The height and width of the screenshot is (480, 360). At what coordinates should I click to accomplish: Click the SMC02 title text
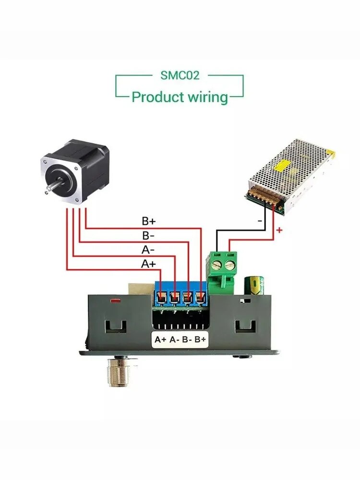tap(180, 75)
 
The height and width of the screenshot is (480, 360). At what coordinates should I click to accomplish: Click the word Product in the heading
tap(157, 97)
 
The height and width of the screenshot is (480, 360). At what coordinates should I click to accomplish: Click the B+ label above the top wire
tap(149, 221)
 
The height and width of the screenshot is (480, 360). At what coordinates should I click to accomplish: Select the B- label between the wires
tap(148, 236)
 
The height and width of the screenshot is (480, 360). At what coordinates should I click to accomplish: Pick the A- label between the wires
tap(148, 250)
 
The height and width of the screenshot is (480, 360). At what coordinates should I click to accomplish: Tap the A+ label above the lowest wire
tap(148, 264)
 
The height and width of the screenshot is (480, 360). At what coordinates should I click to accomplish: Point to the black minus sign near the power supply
tap(260, 221)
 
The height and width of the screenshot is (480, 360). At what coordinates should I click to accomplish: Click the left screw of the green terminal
tap(217, 265)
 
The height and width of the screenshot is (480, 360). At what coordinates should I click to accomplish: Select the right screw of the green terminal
tap(229, 265)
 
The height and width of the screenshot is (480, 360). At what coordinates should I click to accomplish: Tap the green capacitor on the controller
tap(254, 286)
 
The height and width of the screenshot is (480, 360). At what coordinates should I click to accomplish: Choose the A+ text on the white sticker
tap(160, 339)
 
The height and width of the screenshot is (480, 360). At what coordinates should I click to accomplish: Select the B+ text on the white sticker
tap(201, 339)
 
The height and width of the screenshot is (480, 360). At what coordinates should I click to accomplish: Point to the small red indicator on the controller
tap(115, 301)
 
